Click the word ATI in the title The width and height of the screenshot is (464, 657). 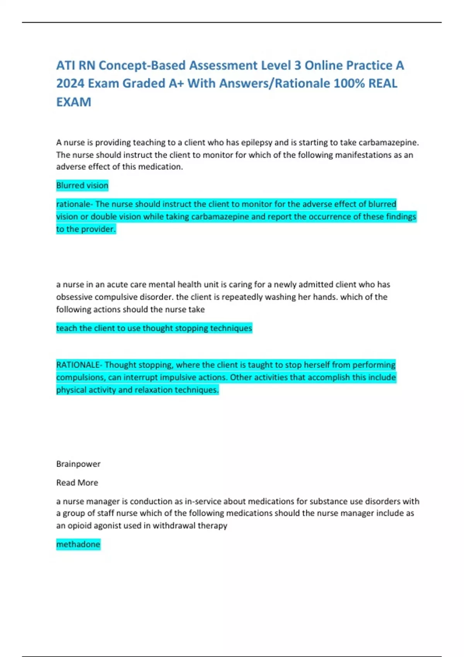(x=66, y=65)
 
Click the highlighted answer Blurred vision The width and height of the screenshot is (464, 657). (x=82, y=186)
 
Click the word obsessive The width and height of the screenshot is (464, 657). (x=74, y=297)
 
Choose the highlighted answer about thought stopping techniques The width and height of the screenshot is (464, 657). (x=154, y=328)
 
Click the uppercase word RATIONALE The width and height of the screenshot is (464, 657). (x=78, y=365)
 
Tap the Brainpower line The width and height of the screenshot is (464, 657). (x=78, y=464)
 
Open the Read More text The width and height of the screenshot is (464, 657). (x=77, y=483)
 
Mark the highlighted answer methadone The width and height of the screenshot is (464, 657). (x=78, y=545)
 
